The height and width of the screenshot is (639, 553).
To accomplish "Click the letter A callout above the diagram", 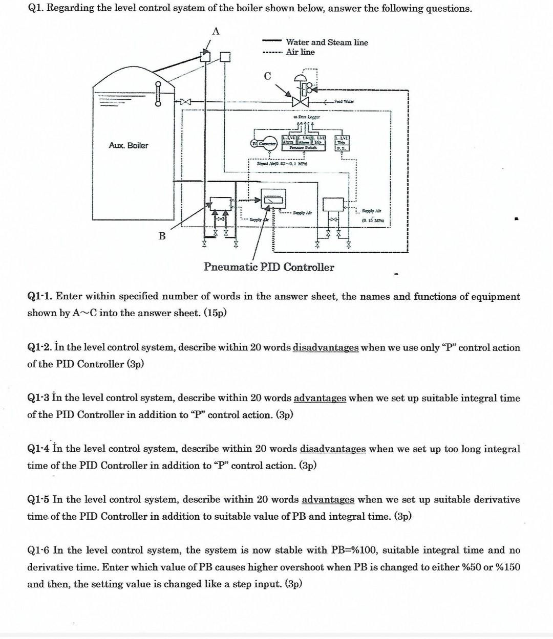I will (216, 31).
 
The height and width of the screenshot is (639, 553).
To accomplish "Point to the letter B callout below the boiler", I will (162, 236).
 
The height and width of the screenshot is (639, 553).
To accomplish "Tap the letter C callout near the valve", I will (267, 76).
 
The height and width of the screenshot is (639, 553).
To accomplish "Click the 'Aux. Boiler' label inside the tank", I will (128, 146).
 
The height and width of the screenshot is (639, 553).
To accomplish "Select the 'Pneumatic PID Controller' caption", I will (269, 267).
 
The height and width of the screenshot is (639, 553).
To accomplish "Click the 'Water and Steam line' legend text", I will (327, 42).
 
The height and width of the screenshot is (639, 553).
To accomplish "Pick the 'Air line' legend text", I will (300, 52).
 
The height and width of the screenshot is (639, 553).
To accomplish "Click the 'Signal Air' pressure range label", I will (281, 163).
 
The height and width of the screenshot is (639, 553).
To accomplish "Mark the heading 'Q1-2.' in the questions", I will (39, 348).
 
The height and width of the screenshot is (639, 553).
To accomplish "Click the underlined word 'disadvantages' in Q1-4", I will (332, 449).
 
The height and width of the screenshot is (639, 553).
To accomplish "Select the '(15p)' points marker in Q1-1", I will (215, 313).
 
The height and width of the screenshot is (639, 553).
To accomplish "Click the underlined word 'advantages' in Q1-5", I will (328, 500).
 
